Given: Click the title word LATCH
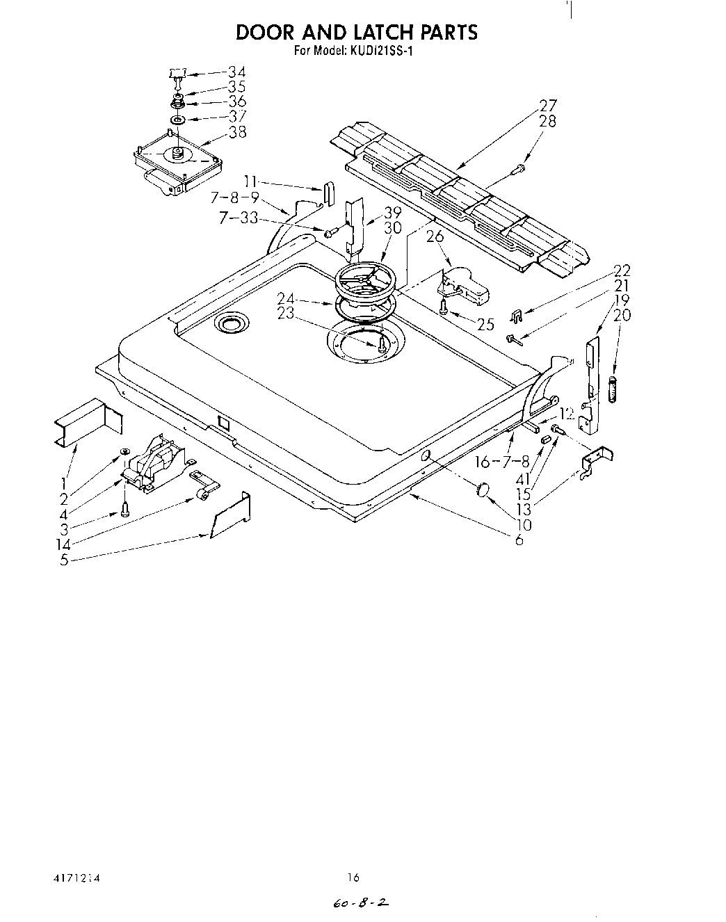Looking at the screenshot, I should (372, 32).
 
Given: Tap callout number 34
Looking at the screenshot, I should (236, 72).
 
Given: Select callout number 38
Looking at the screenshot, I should (237, 131).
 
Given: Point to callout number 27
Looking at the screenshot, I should (549, 106).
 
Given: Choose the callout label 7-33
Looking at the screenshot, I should (239, 218).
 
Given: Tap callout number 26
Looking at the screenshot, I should (435, 236).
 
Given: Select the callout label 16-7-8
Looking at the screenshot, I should (501, 462).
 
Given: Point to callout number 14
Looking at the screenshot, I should (63, 544).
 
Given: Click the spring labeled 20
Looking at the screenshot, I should (613, 388).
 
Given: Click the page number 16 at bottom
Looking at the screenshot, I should (354, 877).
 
